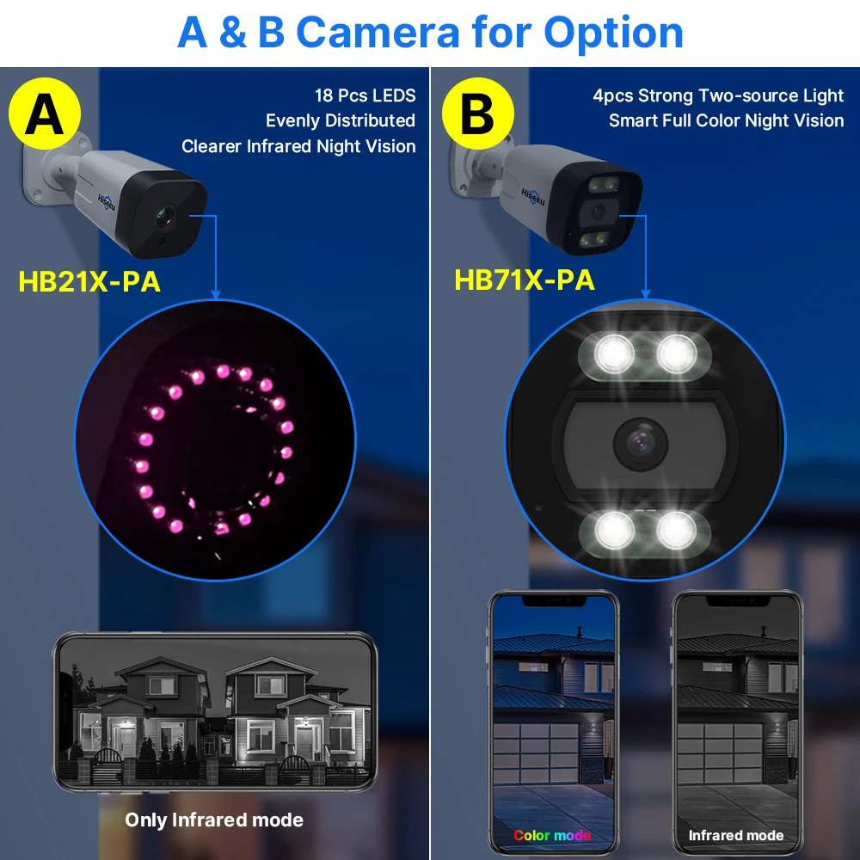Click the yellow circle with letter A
pyautogui.click(x=45, y=115)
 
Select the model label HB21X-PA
pyautogui.click(x=89, y=280)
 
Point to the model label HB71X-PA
pyautogui.click(x=525, y=280)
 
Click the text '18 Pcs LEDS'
pyautogui.click(x=365, y=95)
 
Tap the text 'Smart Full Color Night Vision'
pyautogui.click(x=726, y=120)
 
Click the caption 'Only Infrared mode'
pyautogui.click(x=214, y=820)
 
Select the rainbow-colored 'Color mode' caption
pyautogui.click(x=552, y=835)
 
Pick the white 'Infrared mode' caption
pyautogui.click(x=735, y=835)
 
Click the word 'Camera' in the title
pyautogui.click(x=378, y=33)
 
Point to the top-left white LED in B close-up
pyautogui.click(x=613, y=352)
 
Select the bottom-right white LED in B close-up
pyautogui.click(x=675, y=528)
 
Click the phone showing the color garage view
pyautogui.click(x=553, y=722)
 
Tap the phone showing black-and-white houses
pyautogui.click(x=214, y=714)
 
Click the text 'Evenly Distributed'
pyautogui.click(x=341, y=120)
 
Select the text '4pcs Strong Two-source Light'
pyautogui.click(x=718, y=95)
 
